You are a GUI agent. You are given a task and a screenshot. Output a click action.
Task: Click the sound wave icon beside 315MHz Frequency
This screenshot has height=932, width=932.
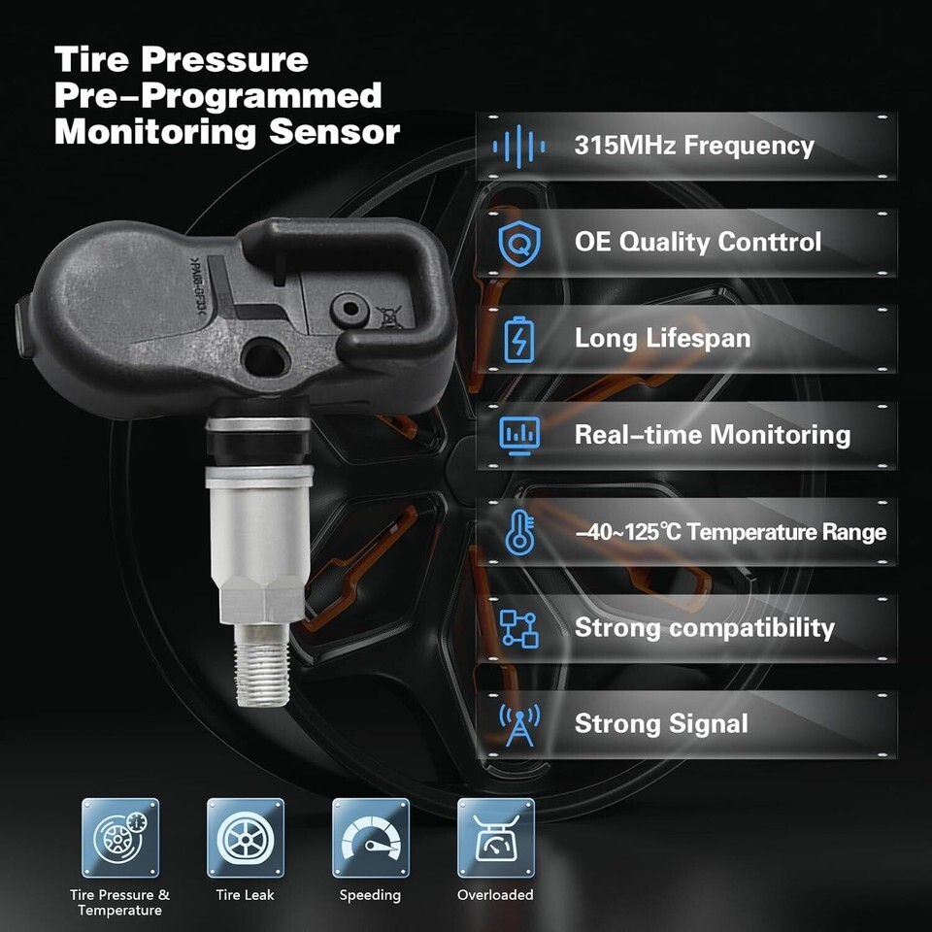(x=518, y=147)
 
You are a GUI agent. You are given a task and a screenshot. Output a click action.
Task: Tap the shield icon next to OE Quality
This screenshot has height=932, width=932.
(x=519, y=243)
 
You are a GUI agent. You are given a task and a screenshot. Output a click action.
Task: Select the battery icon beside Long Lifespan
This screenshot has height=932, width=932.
(x=518, y=340)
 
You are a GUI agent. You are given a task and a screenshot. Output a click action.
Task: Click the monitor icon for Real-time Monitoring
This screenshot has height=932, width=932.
(x=519, y=436)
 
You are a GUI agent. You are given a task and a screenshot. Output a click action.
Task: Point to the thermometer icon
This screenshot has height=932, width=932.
(x=519, y=533)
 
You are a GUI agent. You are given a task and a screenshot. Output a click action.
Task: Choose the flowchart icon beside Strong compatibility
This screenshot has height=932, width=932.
(x=518, y=629)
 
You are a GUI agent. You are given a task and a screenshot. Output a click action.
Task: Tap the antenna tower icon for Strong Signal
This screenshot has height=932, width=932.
(x=519, y=725)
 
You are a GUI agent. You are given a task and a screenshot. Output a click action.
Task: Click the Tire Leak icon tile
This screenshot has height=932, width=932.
(x=246, y=838)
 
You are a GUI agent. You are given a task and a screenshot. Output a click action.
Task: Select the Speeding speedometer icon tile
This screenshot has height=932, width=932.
(x=371, y=838)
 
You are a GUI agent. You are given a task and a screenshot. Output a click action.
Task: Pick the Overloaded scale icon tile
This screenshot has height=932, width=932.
(x=496, y=838)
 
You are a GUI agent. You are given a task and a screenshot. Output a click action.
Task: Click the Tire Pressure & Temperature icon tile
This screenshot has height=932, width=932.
(x=120, y=838)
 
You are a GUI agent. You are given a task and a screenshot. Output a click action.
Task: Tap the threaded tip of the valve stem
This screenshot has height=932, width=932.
(x=261, y=666)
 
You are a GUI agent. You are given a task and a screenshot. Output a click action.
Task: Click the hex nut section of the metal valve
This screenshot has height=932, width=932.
(x=261, y=599)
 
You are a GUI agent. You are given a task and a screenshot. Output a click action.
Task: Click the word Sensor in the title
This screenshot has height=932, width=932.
(x=335, y=132)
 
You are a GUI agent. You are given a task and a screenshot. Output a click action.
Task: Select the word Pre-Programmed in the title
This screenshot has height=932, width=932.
(x=218, y=96)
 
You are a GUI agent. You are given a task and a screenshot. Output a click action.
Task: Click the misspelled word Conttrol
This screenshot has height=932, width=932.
(x=769, y=242)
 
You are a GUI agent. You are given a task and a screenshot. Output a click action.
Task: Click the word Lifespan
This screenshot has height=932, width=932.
(x=698, y=339)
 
